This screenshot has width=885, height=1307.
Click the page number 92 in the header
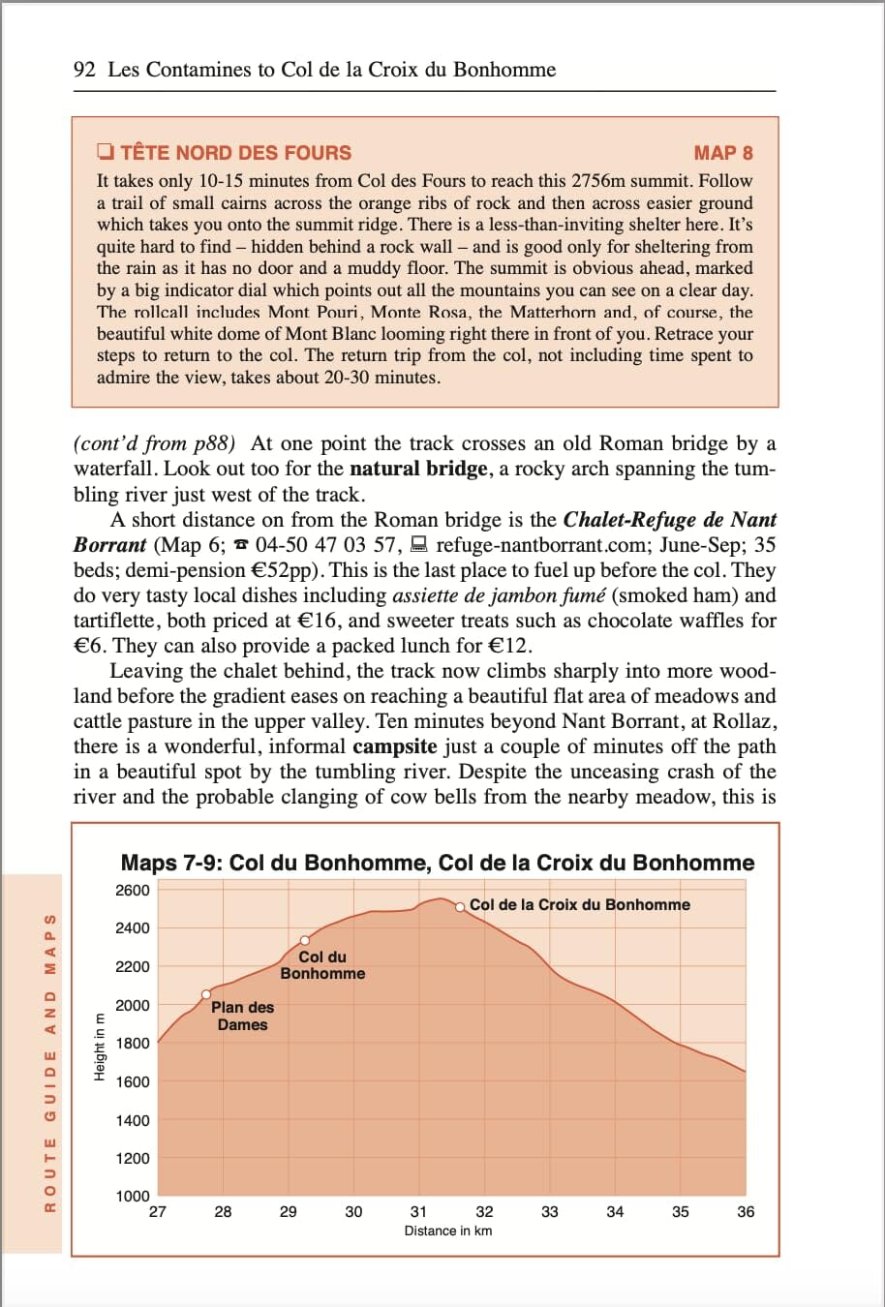pyautogui.click(x=84, y=70)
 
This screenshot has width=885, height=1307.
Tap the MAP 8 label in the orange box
pyautogui.click(x=722, y=153)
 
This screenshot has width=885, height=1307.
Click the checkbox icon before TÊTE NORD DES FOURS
pyautogui.click(x=106, y=152)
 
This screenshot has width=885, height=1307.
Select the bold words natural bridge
pyautogui.click(x=418, y=470)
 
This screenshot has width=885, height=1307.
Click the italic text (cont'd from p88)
pyautogui.click(x=155, y=444)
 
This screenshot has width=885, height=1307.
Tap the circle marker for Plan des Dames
pyautogui.click(x=206, y=994)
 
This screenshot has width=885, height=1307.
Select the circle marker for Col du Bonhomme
pyautogui.click(x=305, y=940)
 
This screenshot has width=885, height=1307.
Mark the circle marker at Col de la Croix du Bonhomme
pyautogui.click(x=461, y=906)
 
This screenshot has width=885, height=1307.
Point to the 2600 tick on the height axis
pyautogui.click(x=133, y=891)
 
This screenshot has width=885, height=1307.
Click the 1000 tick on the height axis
pyautogui.click(x=133, y=1197)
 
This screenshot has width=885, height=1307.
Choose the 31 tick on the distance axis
pyautogui.click(x=418, y=1212)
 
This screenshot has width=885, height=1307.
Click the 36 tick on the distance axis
pyautogui.click(x=746, y=1212)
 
